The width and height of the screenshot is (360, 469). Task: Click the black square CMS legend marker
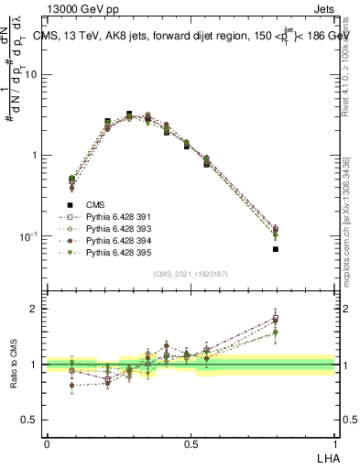tap(70, 206)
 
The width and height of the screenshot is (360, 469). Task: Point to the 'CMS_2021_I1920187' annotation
tap(191, 274)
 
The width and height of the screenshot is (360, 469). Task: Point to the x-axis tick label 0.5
tap(191, 443)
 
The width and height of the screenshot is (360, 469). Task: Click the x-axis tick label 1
tap(334, 443)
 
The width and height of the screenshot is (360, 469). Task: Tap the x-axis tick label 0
tap(47, 443)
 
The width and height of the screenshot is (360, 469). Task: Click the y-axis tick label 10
tap(30, 75)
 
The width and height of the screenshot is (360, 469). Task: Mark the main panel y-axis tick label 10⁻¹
tap(28, 236)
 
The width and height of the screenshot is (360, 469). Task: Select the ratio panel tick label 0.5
tap(30, 420)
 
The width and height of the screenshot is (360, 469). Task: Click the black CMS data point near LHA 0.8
tap(276, 249)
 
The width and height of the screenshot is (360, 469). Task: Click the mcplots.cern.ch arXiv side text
tap(351, 211)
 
